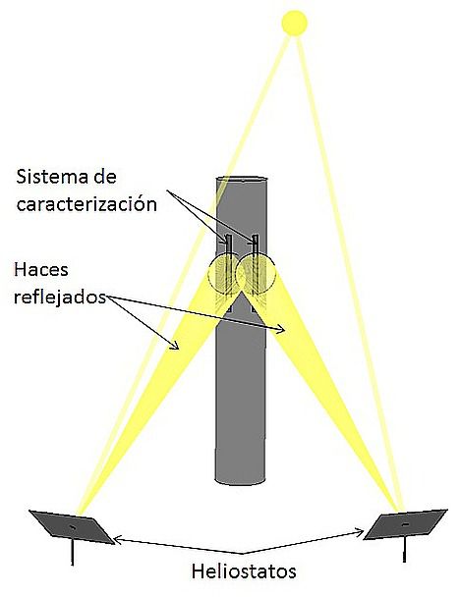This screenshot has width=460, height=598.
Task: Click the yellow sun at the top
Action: (x=294, y=23)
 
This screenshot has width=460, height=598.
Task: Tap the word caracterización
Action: (x=86, y=204)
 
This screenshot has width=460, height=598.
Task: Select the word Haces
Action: (x=41, y=270)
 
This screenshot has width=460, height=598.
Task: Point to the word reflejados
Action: (x=60, y=297)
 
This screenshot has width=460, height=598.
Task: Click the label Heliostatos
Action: (x=244, y=571)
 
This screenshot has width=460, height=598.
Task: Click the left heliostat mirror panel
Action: (x=72, y=526)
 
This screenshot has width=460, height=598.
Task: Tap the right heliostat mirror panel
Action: (x=405, y=524)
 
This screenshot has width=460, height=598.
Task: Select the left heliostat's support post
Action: (x=72, y=553)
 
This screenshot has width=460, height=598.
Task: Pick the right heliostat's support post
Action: (x=405, y=549)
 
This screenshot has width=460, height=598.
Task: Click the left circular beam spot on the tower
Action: (x=223, y=274)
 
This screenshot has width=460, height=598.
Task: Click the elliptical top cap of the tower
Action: (x=242, y=179)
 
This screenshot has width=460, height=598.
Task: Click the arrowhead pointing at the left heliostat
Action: (x=118, y=538)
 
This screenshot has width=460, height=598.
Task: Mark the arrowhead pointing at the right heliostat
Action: (x=359, y=531)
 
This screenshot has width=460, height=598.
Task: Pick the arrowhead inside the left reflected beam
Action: (x=175, y=345)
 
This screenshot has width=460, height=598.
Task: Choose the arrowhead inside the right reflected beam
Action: (x=280, y=329)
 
